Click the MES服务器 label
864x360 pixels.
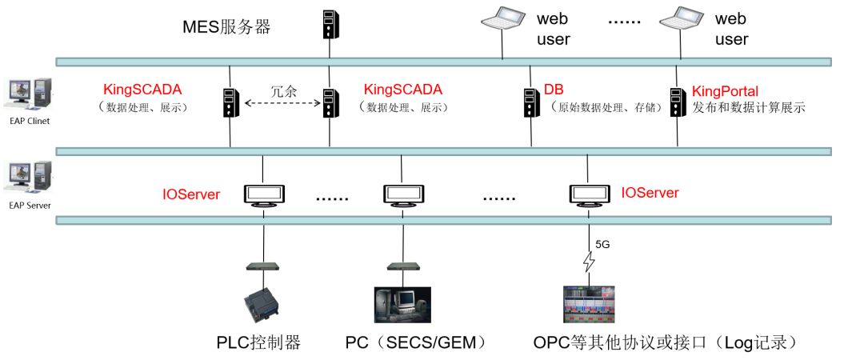226,27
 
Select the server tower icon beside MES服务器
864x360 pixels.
330,25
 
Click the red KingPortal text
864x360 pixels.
725,90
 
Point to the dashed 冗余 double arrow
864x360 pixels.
282,102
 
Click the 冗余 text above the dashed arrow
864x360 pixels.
283,90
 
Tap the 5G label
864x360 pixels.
602,245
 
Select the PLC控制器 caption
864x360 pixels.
259,342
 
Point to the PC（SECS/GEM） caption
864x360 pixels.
417,343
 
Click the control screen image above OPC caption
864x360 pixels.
589,304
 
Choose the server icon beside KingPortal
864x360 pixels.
678,102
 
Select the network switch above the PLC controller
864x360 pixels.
262,266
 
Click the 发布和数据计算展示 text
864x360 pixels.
749,107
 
